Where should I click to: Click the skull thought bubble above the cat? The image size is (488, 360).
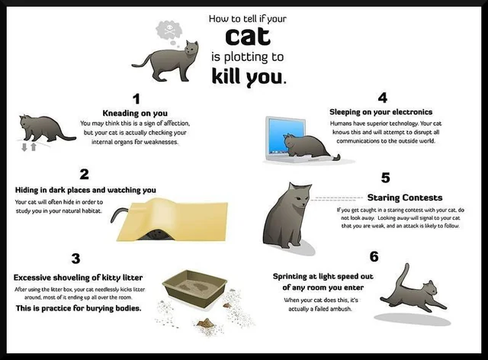coord(169,31)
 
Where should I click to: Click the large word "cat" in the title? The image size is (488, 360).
coord(248,36)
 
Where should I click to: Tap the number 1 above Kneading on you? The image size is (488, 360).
coord(136,99)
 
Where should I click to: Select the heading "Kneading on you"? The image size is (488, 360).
coord(135,113)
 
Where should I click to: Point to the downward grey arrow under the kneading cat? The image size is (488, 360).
coord(24,147)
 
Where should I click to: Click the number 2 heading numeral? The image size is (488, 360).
coord(85,175)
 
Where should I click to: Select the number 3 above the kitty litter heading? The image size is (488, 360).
coord(75,259)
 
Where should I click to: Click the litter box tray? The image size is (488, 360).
coord(194,288)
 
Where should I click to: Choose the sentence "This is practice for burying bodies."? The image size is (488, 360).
coord(79,308)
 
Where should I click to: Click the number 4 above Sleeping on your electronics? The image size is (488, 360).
coord(383,98)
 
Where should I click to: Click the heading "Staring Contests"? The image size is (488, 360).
coord(405,198)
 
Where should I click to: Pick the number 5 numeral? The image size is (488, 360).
coord(385,178)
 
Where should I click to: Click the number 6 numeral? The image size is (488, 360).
coord(374,257)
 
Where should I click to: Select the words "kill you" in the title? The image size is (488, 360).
coord(248,76)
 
